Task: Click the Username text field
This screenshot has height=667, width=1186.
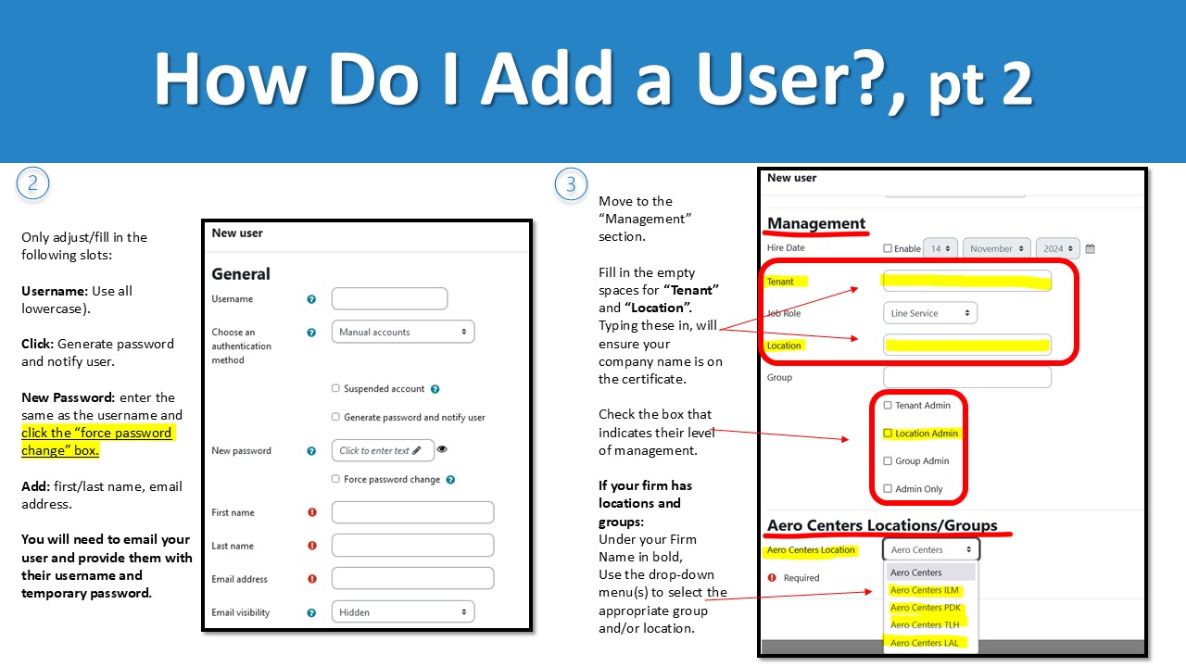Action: [x=389, y=299]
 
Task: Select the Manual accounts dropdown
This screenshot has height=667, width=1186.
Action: [x=402, y=332]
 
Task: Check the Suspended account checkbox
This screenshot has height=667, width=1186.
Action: [x=335, y=389]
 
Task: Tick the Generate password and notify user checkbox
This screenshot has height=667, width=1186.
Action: [x=335, y=418]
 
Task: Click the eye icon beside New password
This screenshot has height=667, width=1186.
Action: [x=442, y=449]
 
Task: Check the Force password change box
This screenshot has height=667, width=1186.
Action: [x=335, y=480]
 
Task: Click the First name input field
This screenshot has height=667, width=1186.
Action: [x=412, y=512]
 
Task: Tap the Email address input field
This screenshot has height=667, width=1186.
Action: [x=412, y=579]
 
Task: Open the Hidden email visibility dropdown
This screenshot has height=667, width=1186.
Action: [x=402, y=612]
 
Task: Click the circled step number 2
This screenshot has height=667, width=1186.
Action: [x=32, y=183]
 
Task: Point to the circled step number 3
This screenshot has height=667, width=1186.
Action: [x=571, y=183]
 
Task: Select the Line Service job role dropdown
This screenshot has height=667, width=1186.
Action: [x=929, y=314]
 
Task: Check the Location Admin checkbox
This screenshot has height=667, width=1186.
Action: [x=888, y=434]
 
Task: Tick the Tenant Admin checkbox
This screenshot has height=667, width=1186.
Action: [x=888, y=406]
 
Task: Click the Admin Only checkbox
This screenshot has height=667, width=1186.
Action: [x=888, y=489]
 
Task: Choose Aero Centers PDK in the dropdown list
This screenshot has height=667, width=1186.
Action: [x=925, y=608]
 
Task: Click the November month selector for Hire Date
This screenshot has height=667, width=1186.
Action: [x=996, y=249]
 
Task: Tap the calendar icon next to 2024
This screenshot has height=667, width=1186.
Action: [x=1091, y=249]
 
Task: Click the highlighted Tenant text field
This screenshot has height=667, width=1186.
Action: [x=966, y=282]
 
